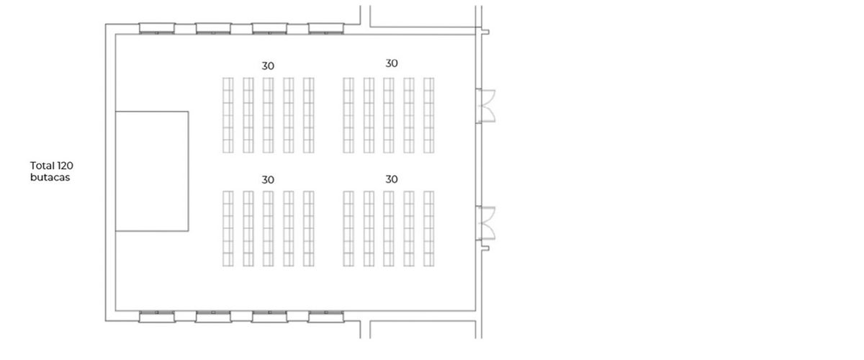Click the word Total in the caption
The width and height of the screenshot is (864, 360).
[42, 166]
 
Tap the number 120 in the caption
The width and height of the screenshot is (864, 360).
[66, 166]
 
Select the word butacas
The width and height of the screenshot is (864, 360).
[50, 177]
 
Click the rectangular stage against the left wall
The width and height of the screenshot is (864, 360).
[152, 171]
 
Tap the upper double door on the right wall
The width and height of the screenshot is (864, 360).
[486, 106]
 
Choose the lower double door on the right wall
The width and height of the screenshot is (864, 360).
[486, 223]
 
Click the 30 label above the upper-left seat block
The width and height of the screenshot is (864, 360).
[268, 66]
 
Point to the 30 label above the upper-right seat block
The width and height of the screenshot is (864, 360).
[392, 63]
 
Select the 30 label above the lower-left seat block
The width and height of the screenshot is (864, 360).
[268, 180]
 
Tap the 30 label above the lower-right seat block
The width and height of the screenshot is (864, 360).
[392, 179]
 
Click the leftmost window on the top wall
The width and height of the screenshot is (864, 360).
[157, 28]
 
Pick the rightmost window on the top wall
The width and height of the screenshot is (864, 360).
[326, 28]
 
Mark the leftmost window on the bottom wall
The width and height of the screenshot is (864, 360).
[157, 316]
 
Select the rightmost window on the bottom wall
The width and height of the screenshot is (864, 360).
[326, 316]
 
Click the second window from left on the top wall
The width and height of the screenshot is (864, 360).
[213, 28]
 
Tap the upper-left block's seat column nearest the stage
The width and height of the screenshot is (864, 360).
[228, 115]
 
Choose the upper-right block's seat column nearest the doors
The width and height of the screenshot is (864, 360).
[428, 115]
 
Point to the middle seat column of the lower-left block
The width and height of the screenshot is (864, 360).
[268, 228]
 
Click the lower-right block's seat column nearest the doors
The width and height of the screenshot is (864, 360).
[428, 228]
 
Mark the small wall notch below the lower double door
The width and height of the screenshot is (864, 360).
[485, 248]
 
